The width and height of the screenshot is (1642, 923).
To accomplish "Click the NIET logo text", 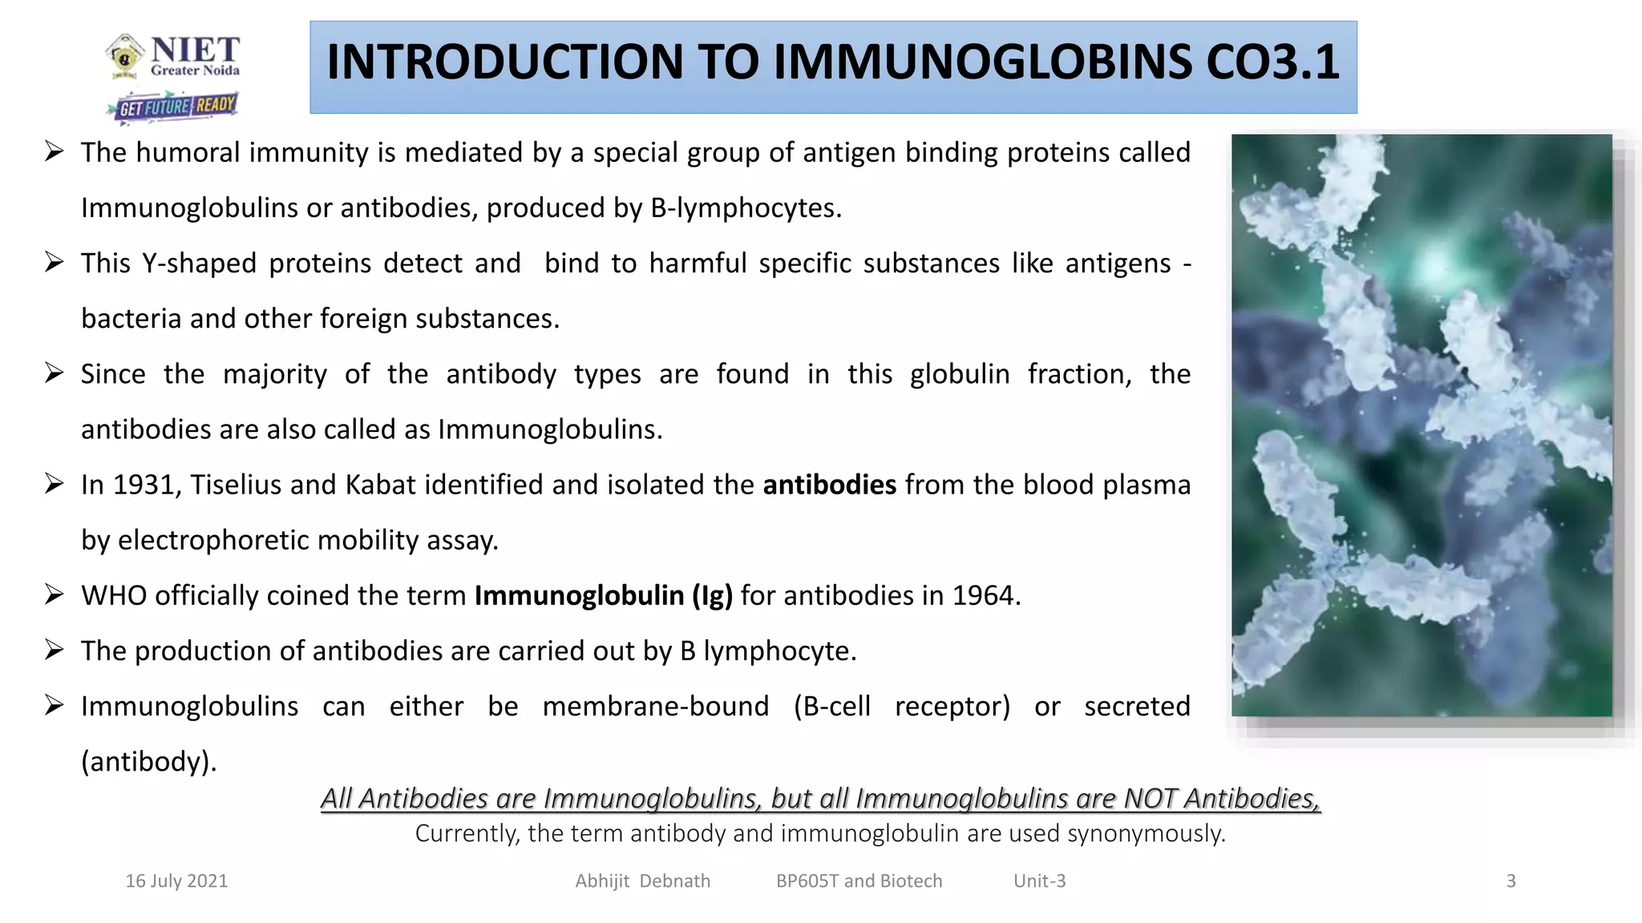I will (x=194, y=50).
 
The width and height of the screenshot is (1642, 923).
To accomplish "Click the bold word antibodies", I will (x=829, y=486).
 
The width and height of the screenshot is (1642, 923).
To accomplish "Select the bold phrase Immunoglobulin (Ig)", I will (x=603, y=596).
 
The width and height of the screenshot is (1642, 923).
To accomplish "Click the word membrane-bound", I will (x=655, y=707).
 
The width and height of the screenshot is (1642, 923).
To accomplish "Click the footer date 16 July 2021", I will (x=176, y=881).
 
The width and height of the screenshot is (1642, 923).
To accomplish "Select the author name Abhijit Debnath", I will (x=642, y=881).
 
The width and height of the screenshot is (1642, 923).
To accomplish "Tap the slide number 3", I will (x=1511, y=881).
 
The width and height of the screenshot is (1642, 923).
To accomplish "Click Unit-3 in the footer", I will (x=1039, y=881).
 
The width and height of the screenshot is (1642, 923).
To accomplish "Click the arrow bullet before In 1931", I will (x=55, y=484).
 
